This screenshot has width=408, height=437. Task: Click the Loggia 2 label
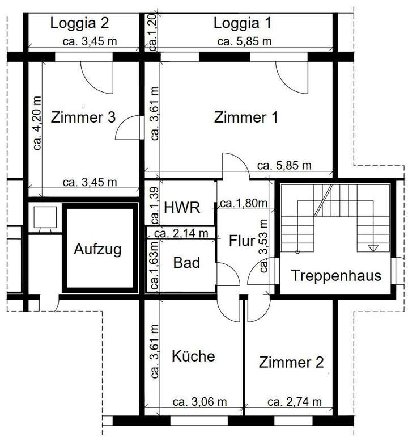click(79, 23)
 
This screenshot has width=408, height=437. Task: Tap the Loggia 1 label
click(243, 23)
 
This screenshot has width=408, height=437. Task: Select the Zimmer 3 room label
click(83, 117)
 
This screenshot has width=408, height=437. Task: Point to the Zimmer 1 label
click(246, 117)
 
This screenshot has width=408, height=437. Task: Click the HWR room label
click(182, 207)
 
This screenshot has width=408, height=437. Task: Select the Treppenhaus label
click(336, 276)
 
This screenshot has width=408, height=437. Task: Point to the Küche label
click(193, 356)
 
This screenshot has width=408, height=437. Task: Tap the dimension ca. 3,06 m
click(200, 402)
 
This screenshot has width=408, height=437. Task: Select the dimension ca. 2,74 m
click(294, 402)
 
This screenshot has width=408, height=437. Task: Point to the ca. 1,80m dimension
click(244, 203)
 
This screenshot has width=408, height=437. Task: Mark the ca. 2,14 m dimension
click(181, 233)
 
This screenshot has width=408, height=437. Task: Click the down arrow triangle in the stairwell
click(372, 247)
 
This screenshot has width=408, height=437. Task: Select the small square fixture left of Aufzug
click(44, 217)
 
